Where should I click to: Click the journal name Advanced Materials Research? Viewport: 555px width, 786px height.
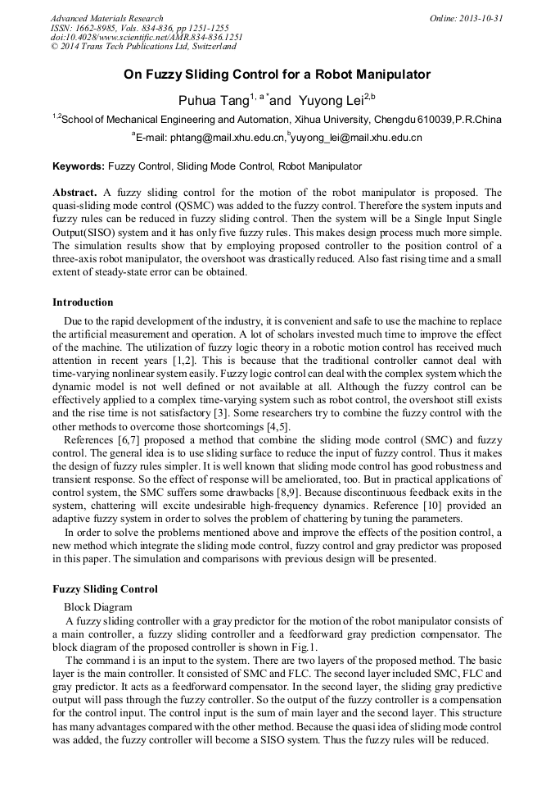[107, 18]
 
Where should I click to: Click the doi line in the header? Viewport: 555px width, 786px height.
[147, 37]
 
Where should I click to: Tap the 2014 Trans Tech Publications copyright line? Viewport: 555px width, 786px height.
[143, 47]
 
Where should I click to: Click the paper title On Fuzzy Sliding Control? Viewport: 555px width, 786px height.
[277, 75]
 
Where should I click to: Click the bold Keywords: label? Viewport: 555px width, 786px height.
[79, 166]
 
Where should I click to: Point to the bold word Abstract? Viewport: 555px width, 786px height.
[75, 193]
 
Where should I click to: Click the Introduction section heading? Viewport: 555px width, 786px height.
[83, 302]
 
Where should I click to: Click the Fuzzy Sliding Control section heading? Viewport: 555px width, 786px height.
[105, 588]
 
